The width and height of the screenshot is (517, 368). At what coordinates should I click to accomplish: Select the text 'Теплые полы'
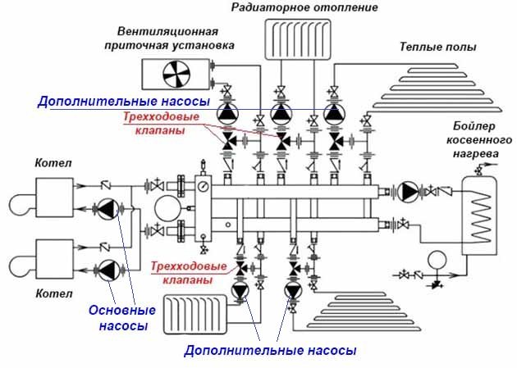click(437, 47)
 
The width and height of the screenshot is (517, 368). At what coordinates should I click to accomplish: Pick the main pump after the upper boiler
click(108, 211)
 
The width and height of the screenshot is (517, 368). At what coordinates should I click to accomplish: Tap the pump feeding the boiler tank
click(408, 191)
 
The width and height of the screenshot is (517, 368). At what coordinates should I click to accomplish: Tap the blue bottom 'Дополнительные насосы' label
click(270, 351)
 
